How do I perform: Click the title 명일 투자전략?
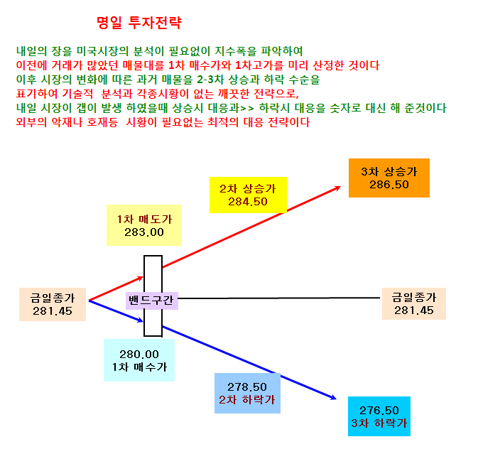tap(139, 23)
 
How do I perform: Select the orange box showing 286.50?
tap(389, 178)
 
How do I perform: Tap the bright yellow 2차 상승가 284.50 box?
tap(248, 195)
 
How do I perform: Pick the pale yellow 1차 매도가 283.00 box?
tap(144, 225)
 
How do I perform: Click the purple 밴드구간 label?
tap(151, 301)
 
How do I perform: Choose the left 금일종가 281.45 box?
tap(53, 304)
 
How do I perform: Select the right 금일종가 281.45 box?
tap(414, 303)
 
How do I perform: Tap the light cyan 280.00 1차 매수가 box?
tap(139, 360)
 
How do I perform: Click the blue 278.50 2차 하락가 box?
tap(247, 393)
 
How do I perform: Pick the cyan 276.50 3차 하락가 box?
tap(379, 416)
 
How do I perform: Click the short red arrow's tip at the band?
tap(143, 277)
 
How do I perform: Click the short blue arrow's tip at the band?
tap(143, 320)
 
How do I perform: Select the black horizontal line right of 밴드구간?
tap(279, 298)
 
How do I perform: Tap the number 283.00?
tap(144, 232)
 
